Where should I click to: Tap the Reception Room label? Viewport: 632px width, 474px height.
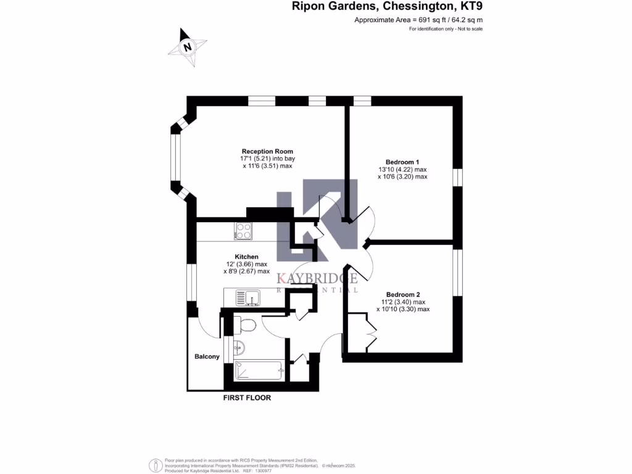click(x=267, y=151)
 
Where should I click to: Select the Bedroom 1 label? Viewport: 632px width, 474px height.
click(x=402, y=162)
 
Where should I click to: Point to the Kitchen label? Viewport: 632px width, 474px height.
click(x=246, y=257)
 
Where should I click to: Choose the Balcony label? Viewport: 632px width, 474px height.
click(x=207, y=357)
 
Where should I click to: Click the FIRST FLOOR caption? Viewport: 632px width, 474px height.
click(x=247, y=398)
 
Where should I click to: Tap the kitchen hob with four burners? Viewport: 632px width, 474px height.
click(x=243, y=231)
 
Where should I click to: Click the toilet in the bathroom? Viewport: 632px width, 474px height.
click(x=247, y=325)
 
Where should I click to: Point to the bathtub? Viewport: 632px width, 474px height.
click(x=259, y=370)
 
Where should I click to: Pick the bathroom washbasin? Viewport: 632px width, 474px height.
click(x=239, y=347)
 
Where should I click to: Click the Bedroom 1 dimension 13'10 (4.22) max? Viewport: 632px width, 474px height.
click(x=402, y=169)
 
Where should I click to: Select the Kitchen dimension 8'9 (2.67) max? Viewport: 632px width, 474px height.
click(x=246, y=271)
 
